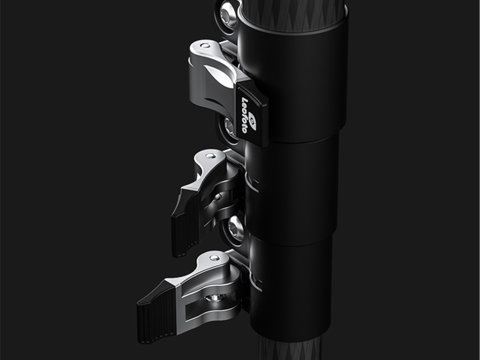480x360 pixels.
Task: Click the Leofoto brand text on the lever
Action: point(244,115)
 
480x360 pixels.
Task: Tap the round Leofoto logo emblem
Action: point(252,121)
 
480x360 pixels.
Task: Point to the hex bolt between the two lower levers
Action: point(233,229)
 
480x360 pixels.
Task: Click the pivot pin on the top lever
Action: point(205,46)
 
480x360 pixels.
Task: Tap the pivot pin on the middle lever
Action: point(211,156)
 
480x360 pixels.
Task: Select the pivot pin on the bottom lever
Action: point(214,257)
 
